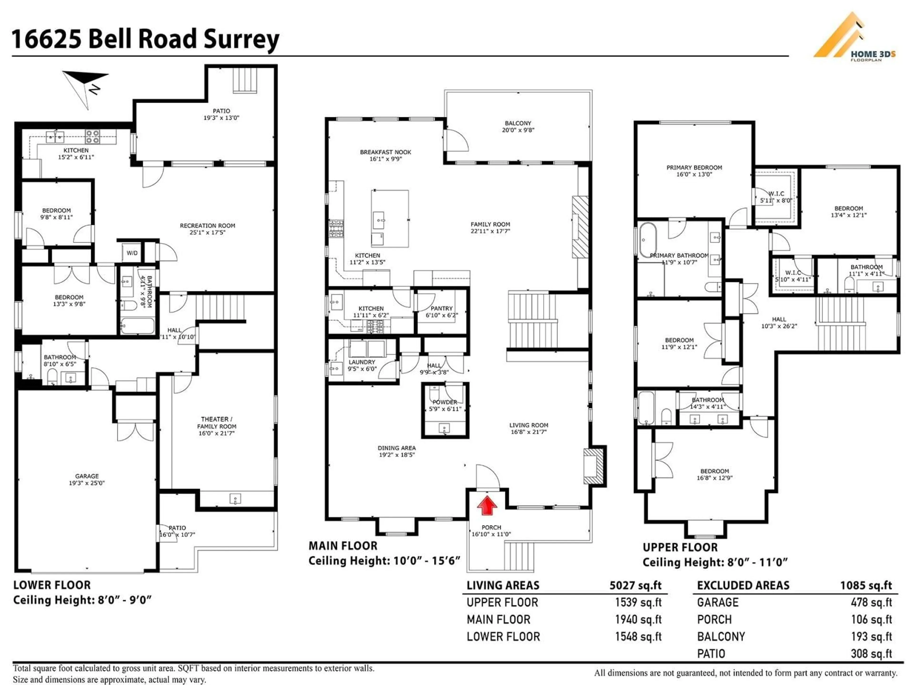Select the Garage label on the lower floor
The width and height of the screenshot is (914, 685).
(x=87, y=479)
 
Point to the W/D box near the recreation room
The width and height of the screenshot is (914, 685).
(x=132, y=253)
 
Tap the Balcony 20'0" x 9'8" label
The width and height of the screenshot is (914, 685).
(x=518, y=126)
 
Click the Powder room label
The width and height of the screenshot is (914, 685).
(x=445, y=405)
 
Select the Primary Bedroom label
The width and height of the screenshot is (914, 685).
(x=694, y=171)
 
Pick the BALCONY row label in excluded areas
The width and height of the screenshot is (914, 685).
(x=721, y=636)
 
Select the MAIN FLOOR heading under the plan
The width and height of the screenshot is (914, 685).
(x=343, y=546)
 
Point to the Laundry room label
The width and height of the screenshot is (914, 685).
(x=362, y=365)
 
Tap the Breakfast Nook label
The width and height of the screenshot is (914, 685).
(x=386, y=155)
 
